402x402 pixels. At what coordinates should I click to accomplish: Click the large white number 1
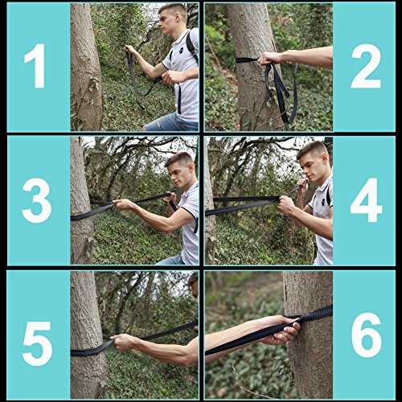click(35, 66)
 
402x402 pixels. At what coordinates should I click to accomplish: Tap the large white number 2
click(366, 66)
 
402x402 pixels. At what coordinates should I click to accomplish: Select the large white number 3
click(37, 200)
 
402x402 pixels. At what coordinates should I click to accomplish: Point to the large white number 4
click(366, 200)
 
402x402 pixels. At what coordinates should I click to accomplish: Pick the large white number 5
click(37, 343)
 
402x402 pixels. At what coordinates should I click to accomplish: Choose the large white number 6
click(367, 335)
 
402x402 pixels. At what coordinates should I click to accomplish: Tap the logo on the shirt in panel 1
click(181, 51)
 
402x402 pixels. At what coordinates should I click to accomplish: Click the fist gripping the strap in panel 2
click(269, 59)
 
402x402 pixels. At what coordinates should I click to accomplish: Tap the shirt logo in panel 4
click(324, 202)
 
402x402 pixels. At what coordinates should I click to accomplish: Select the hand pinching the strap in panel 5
click(123, 342)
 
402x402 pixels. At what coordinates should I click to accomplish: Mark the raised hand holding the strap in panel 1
click(132, 51)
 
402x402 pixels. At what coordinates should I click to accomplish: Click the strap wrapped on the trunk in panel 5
click(89, 351)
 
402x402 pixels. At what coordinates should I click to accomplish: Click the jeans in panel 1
click(171, 123)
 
